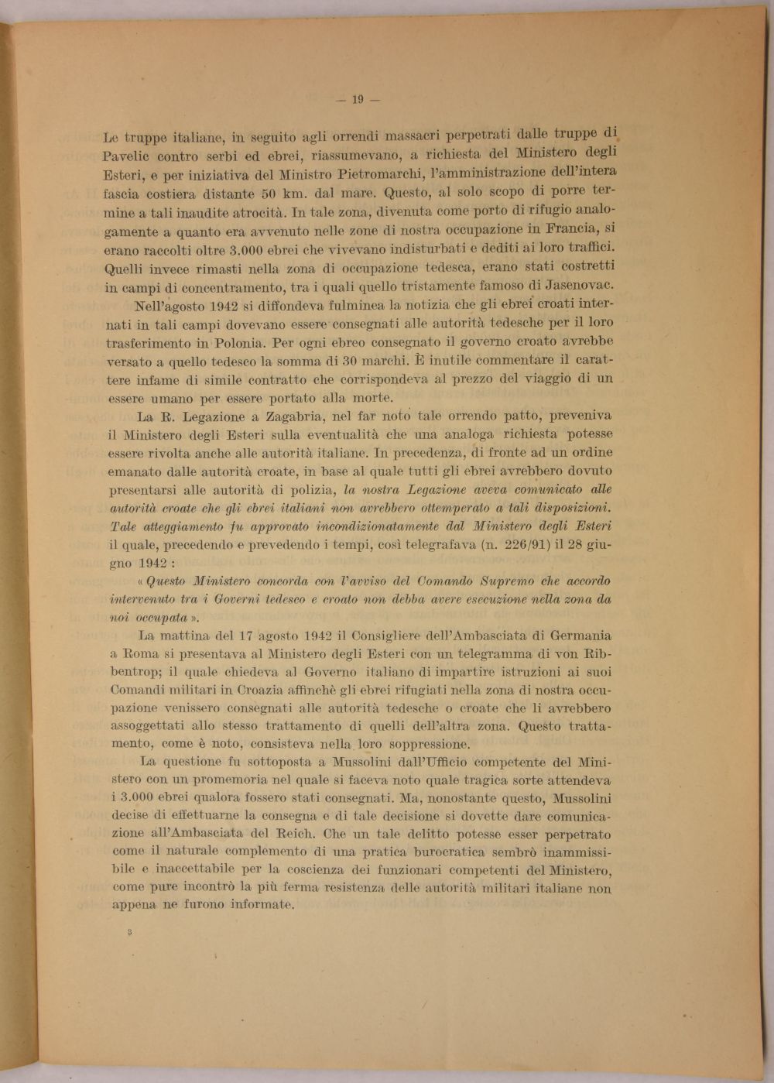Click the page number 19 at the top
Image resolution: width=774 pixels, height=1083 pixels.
tap(358, 99)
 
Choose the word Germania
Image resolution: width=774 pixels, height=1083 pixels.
tap(580, 636)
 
